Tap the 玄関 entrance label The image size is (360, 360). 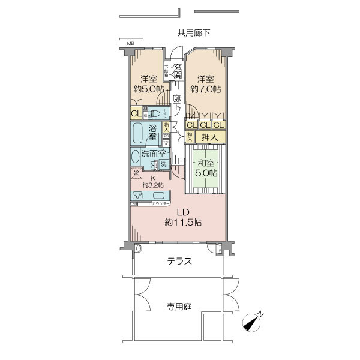[x=178, y=70]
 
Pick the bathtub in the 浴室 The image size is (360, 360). [x=137, y=132]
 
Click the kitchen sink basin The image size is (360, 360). [x=159, y=196]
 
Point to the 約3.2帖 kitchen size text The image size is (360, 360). [x=153, y=185]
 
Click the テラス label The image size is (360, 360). [x=180, y=261]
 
